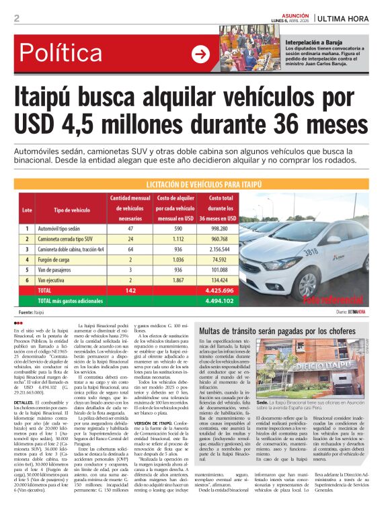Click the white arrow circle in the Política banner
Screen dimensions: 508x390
(200, 54)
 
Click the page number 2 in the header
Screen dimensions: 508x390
(16, 18)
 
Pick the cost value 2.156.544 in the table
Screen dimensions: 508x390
(221, 249)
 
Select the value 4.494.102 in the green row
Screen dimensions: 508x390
(221, 301)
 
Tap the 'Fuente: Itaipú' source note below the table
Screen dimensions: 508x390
(36, 312)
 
